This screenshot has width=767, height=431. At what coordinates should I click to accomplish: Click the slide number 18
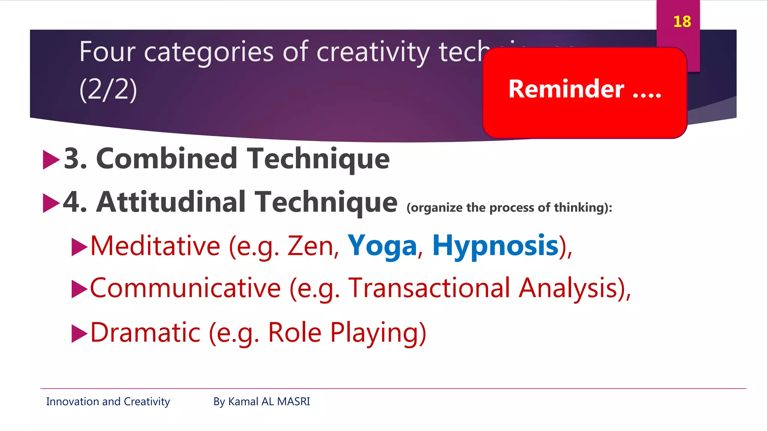point(682,22)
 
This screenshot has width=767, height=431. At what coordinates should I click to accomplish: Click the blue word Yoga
point(382,246)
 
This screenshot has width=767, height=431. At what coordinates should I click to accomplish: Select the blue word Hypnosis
point(495,246)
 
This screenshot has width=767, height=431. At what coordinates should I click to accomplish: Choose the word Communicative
point(185,288)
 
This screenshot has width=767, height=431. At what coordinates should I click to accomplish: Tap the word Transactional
point(429,288)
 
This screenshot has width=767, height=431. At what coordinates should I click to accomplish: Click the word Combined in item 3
point(167,159)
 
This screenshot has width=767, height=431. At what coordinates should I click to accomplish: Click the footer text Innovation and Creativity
point(108,401)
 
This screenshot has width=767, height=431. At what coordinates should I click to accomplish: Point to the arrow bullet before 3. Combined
point(51,160)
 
